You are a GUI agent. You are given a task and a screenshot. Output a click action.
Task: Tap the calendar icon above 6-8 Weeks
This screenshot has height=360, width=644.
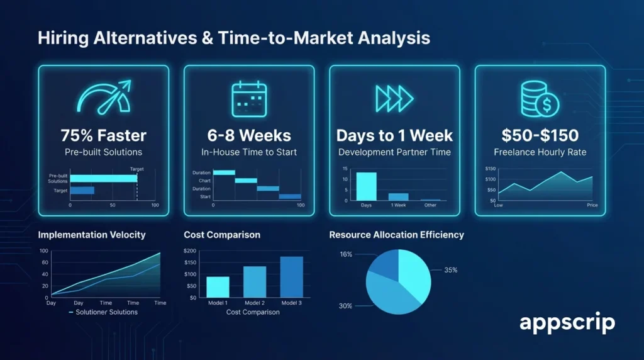point(249,98)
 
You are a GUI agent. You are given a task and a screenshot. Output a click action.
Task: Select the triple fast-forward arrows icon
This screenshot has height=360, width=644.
point(394,98)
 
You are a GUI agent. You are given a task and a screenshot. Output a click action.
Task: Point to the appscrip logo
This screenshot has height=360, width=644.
point(567,323)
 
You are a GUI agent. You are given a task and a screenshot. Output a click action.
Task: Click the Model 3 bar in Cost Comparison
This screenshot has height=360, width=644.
point(291,277)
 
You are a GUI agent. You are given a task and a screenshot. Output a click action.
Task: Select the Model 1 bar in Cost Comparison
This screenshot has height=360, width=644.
point(218,286)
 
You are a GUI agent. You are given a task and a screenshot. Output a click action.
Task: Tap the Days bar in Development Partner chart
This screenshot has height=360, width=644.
point(366,186)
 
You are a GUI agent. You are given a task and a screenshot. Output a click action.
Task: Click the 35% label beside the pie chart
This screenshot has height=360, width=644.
point(450,270)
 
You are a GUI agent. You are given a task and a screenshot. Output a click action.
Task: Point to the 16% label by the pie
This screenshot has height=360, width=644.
point(346,254)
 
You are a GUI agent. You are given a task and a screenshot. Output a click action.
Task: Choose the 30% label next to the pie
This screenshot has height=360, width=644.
point(346,306)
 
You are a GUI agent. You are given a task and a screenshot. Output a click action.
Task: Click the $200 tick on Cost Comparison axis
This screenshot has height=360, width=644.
point(189,251)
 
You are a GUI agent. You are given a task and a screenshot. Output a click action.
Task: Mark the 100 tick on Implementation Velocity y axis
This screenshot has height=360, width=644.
point(43,251)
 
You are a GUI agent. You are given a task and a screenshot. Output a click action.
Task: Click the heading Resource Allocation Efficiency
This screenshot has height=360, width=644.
point(396,235)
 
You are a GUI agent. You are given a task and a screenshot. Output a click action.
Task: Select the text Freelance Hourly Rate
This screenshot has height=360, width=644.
point(540,152)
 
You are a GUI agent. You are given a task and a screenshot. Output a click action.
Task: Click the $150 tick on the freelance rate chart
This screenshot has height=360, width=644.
point(491,169)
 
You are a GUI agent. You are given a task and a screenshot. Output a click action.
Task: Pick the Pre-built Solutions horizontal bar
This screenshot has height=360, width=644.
point(103,178)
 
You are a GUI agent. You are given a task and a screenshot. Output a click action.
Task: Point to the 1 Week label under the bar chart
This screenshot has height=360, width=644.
point(399,205)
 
